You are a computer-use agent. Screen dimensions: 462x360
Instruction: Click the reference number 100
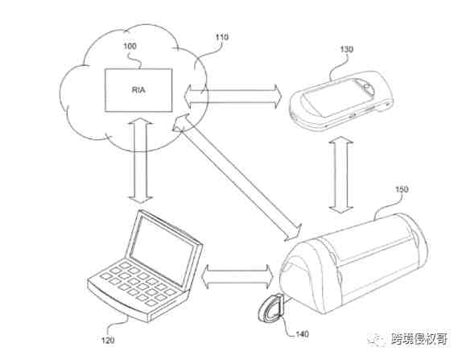[x=130, y=46]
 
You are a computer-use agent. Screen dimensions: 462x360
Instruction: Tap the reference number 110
[x=222, y=37]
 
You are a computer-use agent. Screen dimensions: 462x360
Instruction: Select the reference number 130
[x=346, y=50]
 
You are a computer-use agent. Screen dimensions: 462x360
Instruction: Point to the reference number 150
[x=402, y=189]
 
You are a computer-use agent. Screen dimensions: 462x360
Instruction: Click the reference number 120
[x=108, y=341]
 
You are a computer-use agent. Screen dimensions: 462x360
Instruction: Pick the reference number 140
[x=303, y=334]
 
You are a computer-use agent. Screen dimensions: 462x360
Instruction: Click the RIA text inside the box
[x=138, y=90]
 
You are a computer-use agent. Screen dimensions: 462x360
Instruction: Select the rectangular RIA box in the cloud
[x=138, y=90]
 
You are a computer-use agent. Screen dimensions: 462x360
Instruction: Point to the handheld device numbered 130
[x=341, y=99]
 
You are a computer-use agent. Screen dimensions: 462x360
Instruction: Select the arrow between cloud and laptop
[x=141, y=161]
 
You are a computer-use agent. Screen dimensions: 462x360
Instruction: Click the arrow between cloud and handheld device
[x=233, y=96]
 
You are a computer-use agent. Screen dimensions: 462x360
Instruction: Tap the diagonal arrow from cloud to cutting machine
[x=237, y=177]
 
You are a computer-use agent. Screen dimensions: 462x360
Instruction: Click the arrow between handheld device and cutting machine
[x=341, y=175]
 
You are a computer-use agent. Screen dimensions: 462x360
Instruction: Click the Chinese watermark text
[x=419, y=339]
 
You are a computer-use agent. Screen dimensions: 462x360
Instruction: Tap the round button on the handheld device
[x=367, y=87]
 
